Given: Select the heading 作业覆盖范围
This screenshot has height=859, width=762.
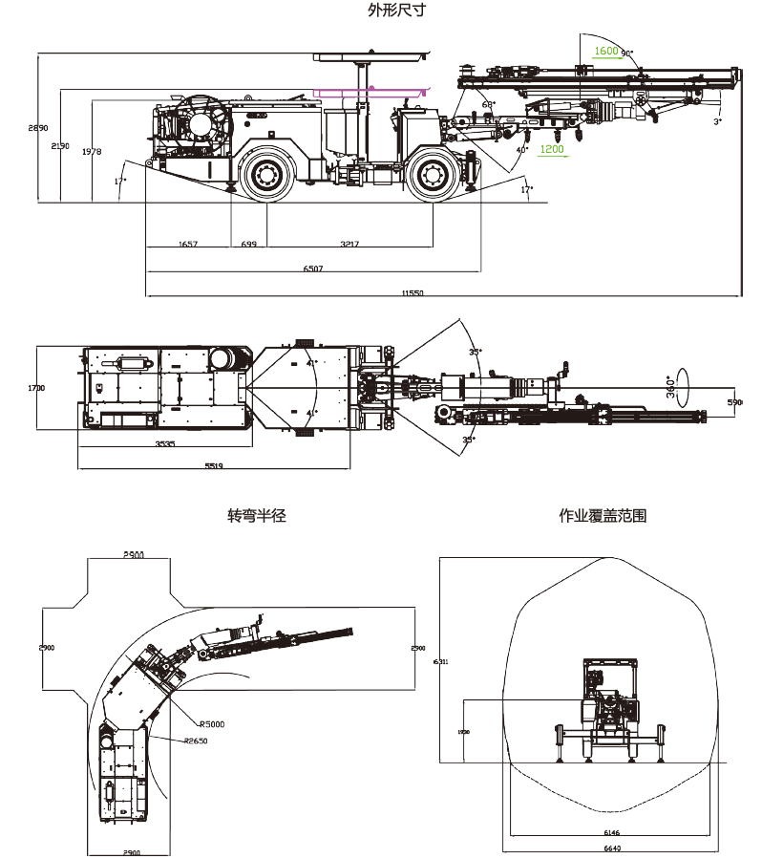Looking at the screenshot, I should [603, 516].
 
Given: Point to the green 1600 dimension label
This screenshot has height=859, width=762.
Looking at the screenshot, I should [606, 52].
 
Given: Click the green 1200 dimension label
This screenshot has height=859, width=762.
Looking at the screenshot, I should [552, 149].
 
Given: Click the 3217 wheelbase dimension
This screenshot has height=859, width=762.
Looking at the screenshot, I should [349, 245].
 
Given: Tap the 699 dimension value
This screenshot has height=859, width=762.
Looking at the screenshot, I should [248, 245].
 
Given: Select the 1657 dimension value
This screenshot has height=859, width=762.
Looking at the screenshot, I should [188, 245].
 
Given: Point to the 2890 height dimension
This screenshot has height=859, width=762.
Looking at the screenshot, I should [37, 127].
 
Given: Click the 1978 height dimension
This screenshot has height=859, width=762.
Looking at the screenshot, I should [92, 152].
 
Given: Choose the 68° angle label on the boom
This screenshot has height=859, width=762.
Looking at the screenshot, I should [488, 104].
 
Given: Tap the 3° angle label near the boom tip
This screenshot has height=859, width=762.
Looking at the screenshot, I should [717, 121].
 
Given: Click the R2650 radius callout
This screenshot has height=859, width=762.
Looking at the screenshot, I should [196, 741].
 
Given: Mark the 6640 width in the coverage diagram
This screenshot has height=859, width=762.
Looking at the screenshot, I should [612, 849].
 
